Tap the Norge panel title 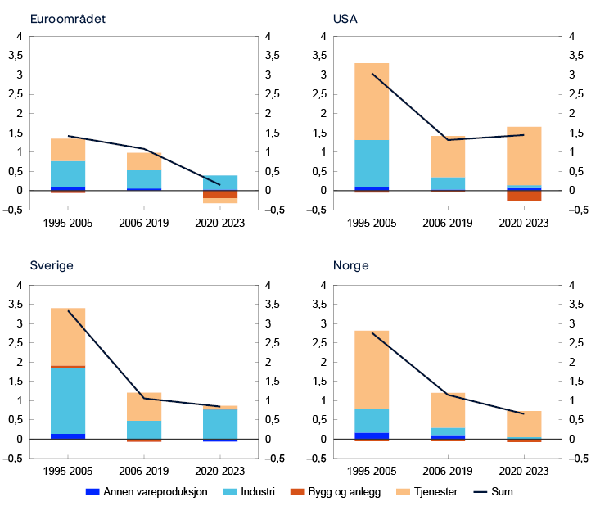pyautogui.click(x=350, y=266)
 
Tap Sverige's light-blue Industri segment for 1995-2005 pyautogui.click(x=68, y=400)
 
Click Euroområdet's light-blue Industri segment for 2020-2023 pyautogui.click(x=219, y=183)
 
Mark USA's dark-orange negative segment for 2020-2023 pyautogui.click(x=523, y=196)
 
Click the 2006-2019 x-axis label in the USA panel pyautogui.click(x=447, y=222)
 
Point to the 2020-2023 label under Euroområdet pyautogui.click(x=219, y=222)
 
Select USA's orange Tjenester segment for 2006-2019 pyautogui.click(x=447, y=156)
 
